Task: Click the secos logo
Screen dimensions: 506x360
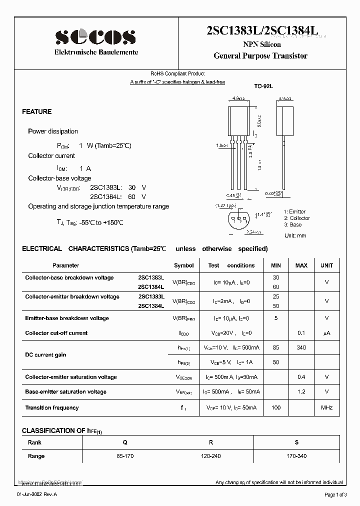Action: [x=95, y=36]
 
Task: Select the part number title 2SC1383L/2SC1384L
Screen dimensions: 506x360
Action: [x=262, y=30]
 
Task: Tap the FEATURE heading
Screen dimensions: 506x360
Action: [x=37, y=111]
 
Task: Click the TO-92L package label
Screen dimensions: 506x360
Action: [x=263, y=86]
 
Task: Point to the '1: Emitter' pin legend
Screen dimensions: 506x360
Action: [x=294, y=211]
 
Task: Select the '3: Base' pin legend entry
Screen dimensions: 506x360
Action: [x=292, y=224]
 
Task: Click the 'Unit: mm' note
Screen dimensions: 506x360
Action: [x=295, y=235]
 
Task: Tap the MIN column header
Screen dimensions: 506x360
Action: [x=276, y=265]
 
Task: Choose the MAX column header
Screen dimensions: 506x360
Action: [x=301, y=265]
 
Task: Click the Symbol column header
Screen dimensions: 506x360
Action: [x=183, y=265]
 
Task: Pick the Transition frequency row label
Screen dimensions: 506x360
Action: [x=52, y=408]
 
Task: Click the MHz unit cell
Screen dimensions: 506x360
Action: [x=326, y=408]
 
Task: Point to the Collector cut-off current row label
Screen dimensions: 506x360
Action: [x=56, y=333]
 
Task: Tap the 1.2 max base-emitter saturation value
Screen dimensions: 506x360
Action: [x=301, y=391]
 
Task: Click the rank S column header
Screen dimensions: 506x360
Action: [x=296, y=442]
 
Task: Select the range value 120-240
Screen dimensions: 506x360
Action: [x=211, y=456]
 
